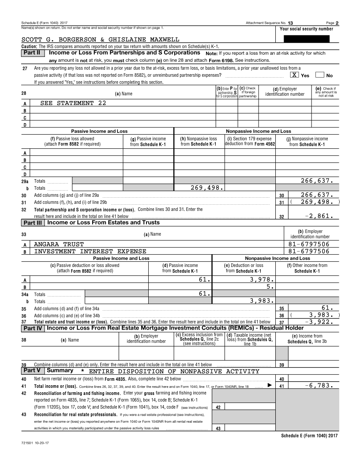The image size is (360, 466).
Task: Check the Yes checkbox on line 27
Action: click(294, 75)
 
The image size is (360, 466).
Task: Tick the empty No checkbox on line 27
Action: click(320, 75)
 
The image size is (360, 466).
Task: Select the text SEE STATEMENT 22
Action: click(73, 103)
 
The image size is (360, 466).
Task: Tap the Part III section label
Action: click(33, 223)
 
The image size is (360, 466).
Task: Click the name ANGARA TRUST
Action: click(59, 244)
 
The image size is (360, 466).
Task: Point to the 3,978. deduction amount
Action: click(262, 279)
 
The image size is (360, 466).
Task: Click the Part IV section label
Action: click(33, 328)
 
